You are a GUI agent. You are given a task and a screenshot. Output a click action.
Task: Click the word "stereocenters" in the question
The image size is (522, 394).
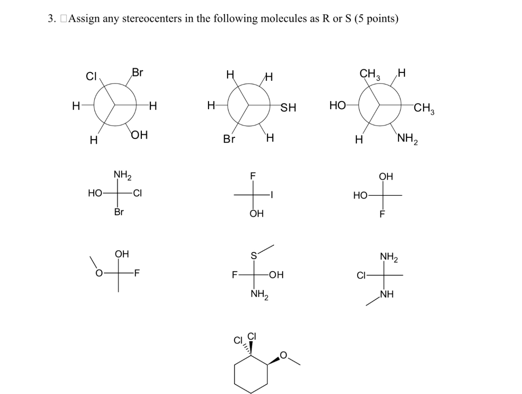click(x=152, y=19)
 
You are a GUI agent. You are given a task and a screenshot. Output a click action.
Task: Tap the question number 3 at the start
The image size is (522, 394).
click(x=50, y=19)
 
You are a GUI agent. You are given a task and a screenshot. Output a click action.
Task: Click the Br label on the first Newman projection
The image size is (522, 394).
click(x=138, y=72)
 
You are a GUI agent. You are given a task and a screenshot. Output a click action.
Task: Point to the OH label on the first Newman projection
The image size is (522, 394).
click(x=139, y=136)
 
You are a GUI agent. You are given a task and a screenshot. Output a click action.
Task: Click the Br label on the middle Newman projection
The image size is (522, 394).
click(x=229, y=139)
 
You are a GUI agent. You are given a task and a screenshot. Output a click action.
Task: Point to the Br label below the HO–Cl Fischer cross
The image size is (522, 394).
click(x=119, y=212)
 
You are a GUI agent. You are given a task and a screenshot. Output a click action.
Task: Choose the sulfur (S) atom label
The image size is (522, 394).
click(x=253, y=256)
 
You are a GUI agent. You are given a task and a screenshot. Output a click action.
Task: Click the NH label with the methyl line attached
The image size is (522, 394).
click(x=387, y=295)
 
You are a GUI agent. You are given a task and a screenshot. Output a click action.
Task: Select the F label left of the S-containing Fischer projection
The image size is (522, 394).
click(x=234, y=275)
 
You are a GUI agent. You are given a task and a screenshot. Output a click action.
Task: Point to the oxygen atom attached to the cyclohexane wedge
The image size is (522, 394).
click(x=283, y=355)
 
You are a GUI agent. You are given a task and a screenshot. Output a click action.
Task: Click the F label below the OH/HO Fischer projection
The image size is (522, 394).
click(x=382, y=214)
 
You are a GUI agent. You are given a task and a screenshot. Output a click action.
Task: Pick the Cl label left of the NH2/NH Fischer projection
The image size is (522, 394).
click(x=361, y=275)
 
